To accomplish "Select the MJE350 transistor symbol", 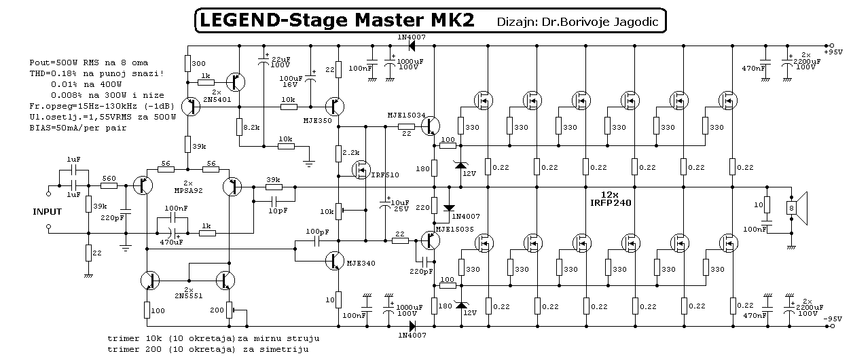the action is coord(335,107).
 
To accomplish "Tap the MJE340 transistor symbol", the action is coord(335,261).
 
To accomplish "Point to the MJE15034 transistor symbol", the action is coord(431,126).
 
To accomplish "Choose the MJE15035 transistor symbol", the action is coord(431,240).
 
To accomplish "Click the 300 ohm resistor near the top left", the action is coord(187,64).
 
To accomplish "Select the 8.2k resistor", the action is coord(239,127).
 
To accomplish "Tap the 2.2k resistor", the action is coord(338,154).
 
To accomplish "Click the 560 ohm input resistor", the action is coord(109,186).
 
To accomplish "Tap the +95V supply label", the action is coord(833,52).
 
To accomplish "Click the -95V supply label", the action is coord(833,319).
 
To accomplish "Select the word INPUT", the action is coord(48,212).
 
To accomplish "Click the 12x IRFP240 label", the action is coord(611,199).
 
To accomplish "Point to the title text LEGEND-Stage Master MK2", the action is coord(337,20).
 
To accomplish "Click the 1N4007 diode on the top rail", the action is coord(412,46).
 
